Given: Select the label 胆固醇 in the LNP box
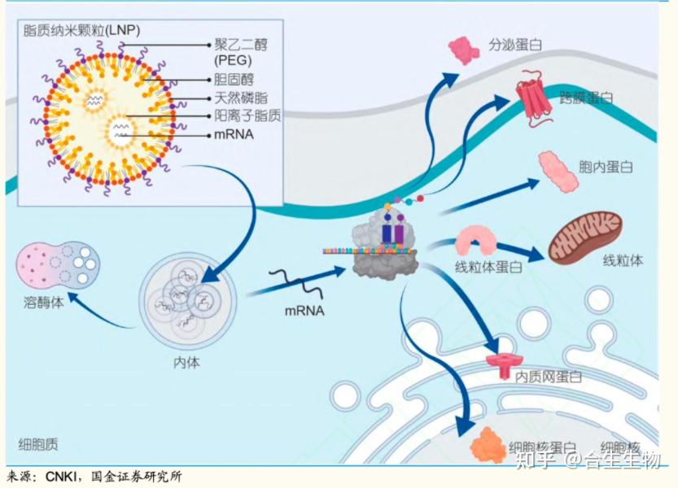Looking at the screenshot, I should [x=233, y=80].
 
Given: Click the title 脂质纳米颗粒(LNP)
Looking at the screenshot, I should [x=81, y=31].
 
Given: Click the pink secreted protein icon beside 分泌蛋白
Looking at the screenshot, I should [x=464, y=50].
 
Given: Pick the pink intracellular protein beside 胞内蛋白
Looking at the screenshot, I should [x=558, y=172].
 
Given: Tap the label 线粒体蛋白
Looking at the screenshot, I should [x=488, y=267].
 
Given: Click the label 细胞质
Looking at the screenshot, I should [x=38, y=444].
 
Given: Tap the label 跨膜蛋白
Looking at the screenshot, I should [x=586, y=98].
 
